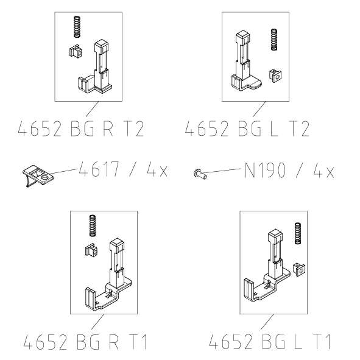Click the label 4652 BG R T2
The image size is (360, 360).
pyautogui.click(x=82, y=129)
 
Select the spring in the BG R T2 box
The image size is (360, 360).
pyautogui.click(x=77, y=27)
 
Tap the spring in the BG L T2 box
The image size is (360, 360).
pyautogui.click(x=274, y=41)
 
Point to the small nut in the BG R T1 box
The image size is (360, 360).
pyautogui.click(x=92, y=250)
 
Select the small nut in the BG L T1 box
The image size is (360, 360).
pyautogui.click(x=298, y=268)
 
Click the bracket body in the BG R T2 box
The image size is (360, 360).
pyautogui.click(x=100, y=70)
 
